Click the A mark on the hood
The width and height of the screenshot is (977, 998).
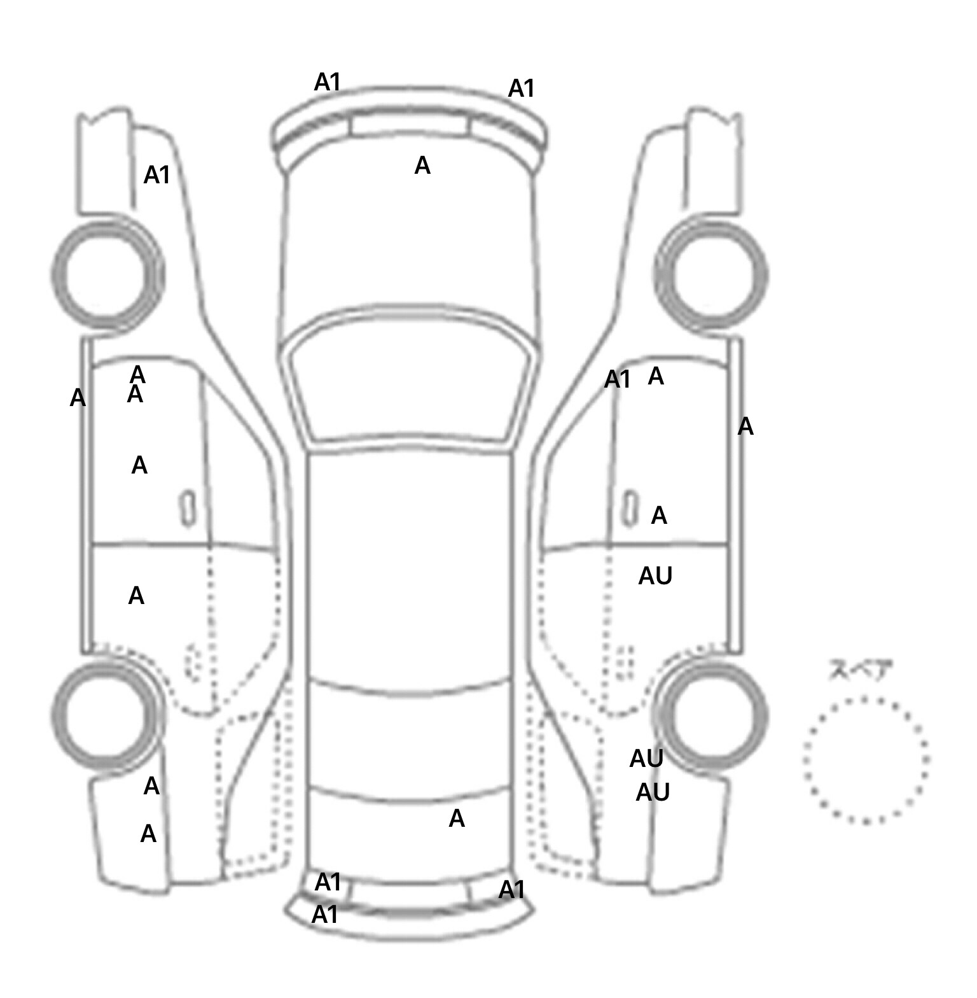pos(422,165)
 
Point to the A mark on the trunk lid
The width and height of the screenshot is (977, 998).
pos(457,819)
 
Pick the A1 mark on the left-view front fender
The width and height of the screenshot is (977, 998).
pos(157,175)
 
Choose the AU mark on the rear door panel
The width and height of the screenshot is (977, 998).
pos(655,576)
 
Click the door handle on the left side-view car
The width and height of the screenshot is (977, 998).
pos(188,508)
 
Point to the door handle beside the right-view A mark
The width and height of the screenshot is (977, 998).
pos(630,508)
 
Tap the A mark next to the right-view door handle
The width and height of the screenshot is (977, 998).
pos(659,516)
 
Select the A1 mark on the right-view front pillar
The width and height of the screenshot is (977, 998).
pos(617,380)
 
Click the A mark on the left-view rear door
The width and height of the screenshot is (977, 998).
pos(136,596)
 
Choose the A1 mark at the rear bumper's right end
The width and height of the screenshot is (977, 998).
pos(512,889)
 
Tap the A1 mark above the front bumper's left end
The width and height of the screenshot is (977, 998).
pos(328,82)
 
